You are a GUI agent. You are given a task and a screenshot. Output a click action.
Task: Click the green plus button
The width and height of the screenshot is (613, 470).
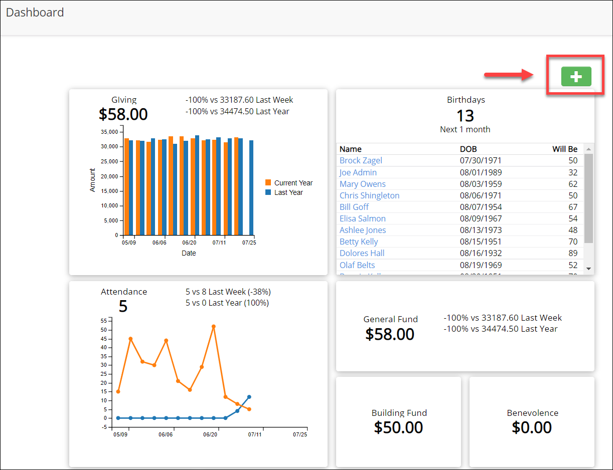pyautogui.click(x=576, y=77)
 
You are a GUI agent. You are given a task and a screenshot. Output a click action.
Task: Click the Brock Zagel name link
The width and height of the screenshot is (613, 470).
pyautogui.click(x=361, y=160)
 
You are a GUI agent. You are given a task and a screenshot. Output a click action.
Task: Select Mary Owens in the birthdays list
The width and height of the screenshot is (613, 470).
pyautogui.click(x=362, y=184)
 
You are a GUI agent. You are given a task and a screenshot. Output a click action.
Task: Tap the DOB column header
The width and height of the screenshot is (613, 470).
pyautogui.click(x=468, y=149)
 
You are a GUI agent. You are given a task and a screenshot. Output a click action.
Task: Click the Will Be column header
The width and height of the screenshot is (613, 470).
pyautogui.click(x=565, y=149)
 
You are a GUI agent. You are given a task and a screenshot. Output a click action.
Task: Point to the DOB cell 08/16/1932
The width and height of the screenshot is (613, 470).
pyautogui.click(x=481, y=253)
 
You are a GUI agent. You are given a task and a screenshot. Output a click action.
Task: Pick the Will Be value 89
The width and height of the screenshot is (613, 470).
pyautogui.click(x=573, y=253)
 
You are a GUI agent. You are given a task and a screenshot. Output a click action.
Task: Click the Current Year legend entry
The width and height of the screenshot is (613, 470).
pyautogui.click(x=293, y=183)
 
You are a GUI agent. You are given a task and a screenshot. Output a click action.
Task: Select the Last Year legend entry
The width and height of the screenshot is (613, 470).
pyautogui.click(x=288, y=192)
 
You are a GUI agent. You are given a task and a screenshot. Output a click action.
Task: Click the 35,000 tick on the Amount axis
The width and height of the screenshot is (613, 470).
pyautogui.click(x=109, y=132)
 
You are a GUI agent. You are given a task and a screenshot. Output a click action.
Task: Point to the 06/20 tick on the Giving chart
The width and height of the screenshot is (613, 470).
pyautogui.click(x=189, y=243)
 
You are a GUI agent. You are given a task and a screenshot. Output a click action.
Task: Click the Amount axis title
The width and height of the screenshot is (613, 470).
pyautogui.click(x=93, y=180)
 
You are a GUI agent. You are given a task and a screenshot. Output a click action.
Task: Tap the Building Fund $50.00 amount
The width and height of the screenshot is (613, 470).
pyautogui.click(x=398, y=427)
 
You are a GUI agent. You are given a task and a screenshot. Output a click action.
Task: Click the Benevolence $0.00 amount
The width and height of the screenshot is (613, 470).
pyautogui.click(x=532, y=427)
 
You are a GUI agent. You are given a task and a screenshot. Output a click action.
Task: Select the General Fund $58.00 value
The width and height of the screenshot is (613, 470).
pyautogui.click(x=390, y=334)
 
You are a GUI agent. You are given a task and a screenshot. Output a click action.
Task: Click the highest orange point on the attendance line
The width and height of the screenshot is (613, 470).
pyautogui.click(x=214, y=326)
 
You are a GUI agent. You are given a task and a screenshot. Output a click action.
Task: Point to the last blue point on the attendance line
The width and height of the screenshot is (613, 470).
pyautogui.click(x=249, y=397)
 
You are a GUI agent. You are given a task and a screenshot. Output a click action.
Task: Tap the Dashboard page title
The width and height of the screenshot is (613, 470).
pyautogui.click(x=35, y=13)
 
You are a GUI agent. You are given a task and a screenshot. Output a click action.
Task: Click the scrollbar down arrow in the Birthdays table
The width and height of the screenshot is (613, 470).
pyautogui.click(x=589, y=269)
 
